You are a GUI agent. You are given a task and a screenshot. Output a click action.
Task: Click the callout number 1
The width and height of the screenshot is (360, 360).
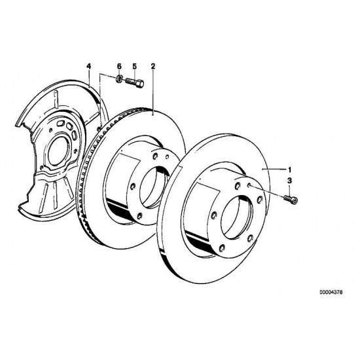click(x=290, y=170)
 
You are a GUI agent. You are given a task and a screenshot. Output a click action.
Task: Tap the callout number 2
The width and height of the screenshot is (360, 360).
click(x=153, y=66)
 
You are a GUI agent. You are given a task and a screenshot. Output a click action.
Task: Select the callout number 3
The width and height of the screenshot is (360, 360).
click(x=290, y=181)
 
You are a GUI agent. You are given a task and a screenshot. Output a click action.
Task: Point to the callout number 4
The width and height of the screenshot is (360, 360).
click(x=88, y=66)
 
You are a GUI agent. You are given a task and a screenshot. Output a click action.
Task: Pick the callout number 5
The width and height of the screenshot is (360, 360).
click(x=135, y=66)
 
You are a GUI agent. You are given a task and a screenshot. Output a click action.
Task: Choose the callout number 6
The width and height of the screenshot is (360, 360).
click(x=119, y=66)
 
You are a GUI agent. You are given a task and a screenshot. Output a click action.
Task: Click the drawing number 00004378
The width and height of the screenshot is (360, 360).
click(x=331, y=293)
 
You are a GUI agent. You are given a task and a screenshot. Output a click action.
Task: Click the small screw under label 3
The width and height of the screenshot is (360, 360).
click(x=291, y=199)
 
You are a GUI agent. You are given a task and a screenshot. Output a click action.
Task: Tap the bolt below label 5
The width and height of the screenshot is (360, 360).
click(x=135, y=82)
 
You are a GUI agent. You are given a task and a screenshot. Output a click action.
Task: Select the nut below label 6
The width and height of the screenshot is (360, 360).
click(x=118, y=79)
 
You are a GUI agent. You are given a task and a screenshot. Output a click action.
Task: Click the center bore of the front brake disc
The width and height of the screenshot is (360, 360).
click(x=237, y=217)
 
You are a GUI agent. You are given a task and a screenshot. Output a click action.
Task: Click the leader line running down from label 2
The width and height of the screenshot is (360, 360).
click(x=153, y=92)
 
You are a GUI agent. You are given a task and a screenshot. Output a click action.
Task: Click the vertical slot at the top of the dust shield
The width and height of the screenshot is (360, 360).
click(x=55, y=99)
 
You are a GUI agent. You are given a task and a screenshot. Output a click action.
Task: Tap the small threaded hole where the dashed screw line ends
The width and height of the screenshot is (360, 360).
click(x=249, y=185)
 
